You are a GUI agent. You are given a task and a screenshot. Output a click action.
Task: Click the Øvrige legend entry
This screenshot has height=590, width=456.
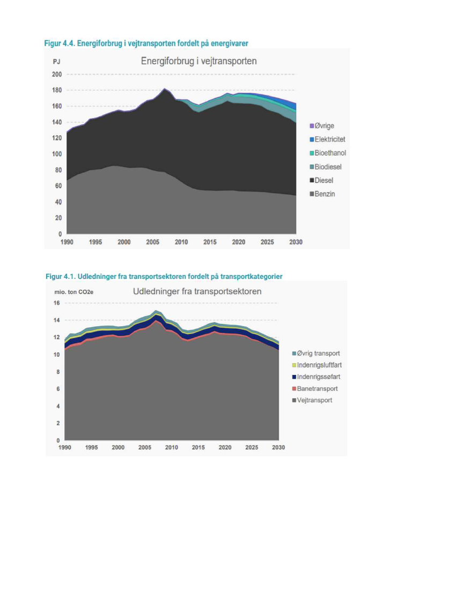coord(324,126)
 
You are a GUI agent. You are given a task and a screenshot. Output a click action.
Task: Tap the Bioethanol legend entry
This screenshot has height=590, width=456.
coord(330,153)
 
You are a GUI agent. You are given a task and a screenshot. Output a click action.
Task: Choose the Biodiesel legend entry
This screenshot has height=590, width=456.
coord(328,167)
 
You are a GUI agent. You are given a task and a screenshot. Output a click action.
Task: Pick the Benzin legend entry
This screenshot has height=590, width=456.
coord(325,194)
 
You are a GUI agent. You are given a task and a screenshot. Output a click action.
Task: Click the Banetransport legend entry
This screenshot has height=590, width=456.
coord(317,388)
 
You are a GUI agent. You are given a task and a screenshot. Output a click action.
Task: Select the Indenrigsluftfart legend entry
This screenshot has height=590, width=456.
coord(319,365)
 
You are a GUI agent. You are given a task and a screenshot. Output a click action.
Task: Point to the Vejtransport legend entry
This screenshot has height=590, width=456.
coord(314,400)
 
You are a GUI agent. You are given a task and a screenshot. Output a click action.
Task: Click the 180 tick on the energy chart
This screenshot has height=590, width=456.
coord(57,90)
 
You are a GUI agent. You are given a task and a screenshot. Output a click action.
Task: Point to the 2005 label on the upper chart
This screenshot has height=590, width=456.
coord(153,242)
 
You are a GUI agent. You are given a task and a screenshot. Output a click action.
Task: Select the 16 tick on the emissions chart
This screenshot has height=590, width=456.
coord(57,303)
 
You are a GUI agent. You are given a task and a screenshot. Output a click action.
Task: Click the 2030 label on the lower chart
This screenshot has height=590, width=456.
coord(278,447)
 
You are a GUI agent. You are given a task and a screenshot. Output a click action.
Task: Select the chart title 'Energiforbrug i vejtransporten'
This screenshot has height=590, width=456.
coord(198,61)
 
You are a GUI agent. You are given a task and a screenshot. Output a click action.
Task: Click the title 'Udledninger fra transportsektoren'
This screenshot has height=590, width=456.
coord(197,292)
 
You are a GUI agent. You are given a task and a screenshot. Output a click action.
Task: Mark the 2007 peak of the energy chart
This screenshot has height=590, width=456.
coord(164,88)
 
